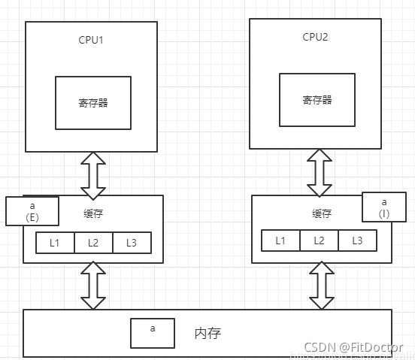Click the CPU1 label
tap(91, 39)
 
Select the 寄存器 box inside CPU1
tap(92, 102)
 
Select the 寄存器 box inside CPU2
tap(317, 99)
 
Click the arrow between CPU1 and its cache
tap(94, 173)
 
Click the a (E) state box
tap(32, 211)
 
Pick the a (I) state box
tap(384, 208)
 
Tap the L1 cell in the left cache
tap(56, 243)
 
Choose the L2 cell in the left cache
tap(93, 243)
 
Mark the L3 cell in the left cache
tap(132, 243)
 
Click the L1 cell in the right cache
tap(280, 241)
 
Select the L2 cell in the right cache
tap(319, 241)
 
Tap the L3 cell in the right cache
tap(357, 241)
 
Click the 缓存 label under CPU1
tap(93, 213)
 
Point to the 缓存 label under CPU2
tap(322, 213)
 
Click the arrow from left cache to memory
tap(94, 286)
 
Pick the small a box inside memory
tap(153, 333)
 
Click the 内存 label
tap(207, 332)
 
